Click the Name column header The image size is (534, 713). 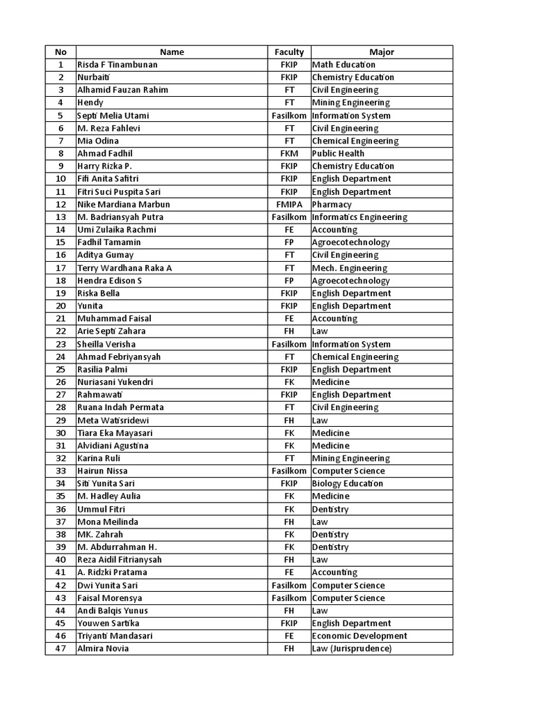coord(172,52)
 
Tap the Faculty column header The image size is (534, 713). coord(289,52)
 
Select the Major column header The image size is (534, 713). coord(382,52)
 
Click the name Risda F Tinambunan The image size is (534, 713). coord(118,65)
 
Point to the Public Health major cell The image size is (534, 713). coord(338,153)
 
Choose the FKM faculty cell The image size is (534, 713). coord(289,153)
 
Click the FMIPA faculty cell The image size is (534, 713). coord(289,204)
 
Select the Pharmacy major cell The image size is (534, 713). coord(332,204)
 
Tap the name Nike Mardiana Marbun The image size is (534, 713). coord(124,204)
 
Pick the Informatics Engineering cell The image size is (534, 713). coord(359,217)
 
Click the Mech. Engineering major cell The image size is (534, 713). coord(350,268)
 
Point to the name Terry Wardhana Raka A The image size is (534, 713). coord(124,268)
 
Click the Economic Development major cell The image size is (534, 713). coord(359,636)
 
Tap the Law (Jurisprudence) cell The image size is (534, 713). coord(352,648)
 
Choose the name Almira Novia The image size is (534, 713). coord(103,648)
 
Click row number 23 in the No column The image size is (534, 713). coord(61,344)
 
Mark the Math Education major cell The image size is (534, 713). coord(343,65)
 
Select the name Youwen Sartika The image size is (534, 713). coord(108,623)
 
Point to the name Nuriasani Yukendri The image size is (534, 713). coord(115,382)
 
